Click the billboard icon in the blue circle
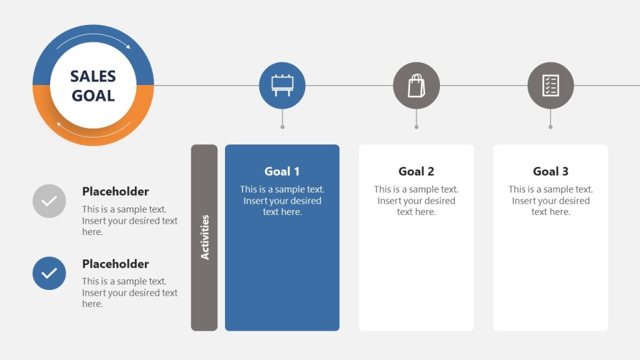pos(282,86)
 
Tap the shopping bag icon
pos(416,86)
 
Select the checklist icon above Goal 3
pos(551,86)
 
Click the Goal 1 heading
pos(282,171)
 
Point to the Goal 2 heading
pos(416,171)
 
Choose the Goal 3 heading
pos(551,171)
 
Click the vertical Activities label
pos(204,237)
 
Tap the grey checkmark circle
pos(49,201)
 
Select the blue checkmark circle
pos(49,273)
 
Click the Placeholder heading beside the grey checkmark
pos(116,192)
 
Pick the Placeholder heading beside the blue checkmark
pos(116,264)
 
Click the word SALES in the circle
pos(93,76)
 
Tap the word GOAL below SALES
pos(93,96)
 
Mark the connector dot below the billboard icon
pos(282,127)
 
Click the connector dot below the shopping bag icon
pos(416,127)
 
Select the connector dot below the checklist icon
pos(551,127)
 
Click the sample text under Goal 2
pos(416,201)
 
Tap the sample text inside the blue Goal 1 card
pos(282,201)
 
